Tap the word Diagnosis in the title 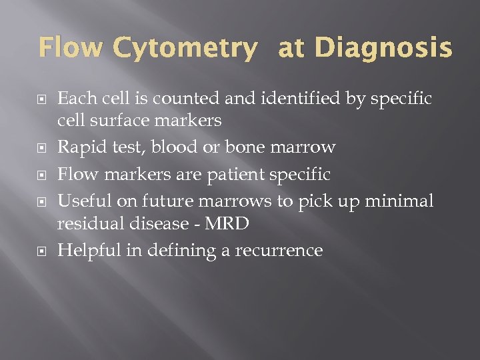tap(383, 49)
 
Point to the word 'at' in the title tap(291, 49)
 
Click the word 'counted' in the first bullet tap(190, 99)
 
